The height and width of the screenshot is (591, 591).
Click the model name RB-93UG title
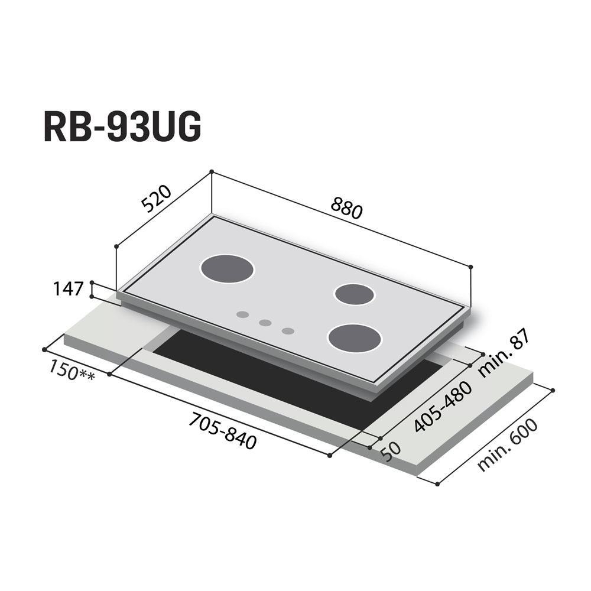coord(122,126)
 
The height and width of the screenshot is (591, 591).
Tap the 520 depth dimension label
coord(156,199)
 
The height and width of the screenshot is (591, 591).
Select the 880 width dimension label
coord(346,207)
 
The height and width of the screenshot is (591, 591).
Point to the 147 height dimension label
coord(68,289)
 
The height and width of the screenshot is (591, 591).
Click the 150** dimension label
coord(72,370)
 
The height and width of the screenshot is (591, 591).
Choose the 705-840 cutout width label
coord(222,431)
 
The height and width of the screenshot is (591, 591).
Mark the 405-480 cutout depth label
coord(443,407)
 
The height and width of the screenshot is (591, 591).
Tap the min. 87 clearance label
coord(504,353)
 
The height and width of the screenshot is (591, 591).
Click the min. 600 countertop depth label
coord(508,445)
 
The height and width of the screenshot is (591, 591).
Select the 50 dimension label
coord(391,451)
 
